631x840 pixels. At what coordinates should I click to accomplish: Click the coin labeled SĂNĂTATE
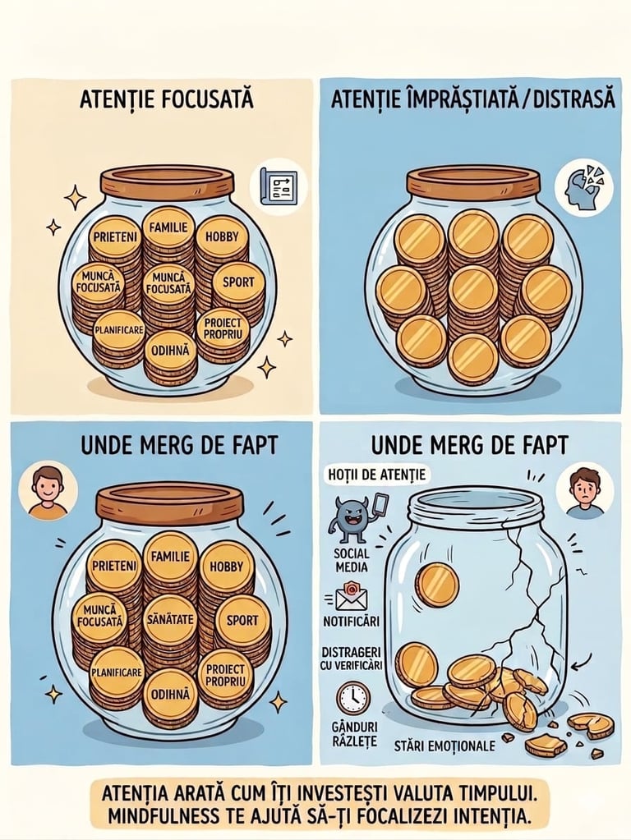click(169, 619)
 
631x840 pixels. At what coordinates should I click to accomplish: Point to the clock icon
click(352, 698)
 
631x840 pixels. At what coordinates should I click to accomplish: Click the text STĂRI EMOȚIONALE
click(445, 746)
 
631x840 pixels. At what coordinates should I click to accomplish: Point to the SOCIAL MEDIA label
click(351, 560)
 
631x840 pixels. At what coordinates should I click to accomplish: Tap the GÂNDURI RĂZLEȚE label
click(354, 734)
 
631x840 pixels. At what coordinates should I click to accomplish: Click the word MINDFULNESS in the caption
click(161, 816)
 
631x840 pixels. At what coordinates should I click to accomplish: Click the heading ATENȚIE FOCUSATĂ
click(167, 99)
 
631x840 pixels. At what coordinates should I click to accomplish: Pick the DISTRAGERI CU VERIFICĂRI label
click(352, 659)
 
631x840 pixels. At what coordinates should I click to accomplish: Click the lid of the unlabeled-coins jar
click(473, 181)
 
